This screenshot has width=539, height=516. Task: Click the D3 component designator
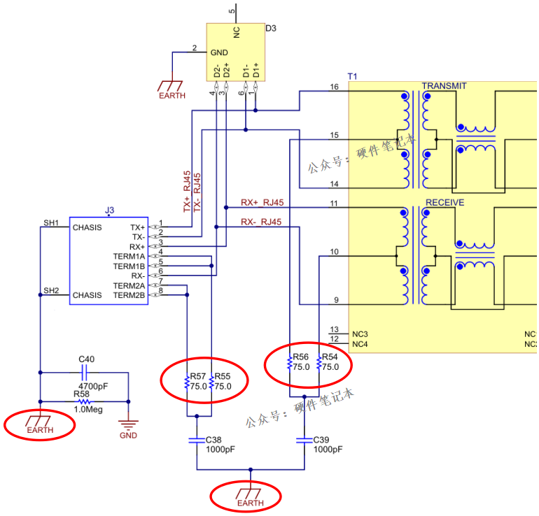pos(271,28)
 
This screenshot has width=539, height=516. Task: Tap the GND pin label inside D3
pos(219,52)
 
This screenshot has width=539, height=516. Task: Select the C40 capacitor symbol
pos(85,373)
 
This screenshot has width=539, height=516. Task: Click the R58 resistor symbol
pos(83,401)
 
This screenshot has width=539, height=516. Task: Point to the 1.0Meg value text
pos(88,409)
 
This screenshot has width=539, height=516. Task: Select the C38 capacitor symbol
pos(197,440)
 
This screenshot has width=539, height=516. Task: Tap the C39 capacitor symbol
pos(304,440)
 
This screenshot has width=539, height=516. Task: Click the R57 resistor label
pos(198,376)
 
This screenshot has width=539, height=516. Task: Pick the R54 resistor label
pos(330,357)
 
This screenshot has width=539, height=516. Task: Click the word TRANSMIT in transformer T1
pos(444,86)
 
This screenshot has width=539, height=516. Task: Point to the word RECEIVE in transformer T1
pos(444,203)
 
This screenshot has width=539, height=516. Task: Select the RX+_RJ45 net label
pos(262,203)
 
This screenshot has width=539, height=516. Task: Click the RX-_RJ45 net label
pos(261,222)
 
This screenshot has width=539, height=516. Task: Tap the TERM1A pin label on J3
pos(129,257)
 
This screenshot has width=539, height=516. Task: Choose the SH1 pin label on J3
pos(51,223)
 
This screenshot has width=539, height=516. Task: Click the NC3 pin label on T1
pos(360,334)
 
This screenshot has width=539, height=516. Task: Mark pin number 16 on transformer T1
pos(334,87)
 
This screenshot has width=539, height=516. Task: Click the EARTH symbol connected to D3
pos(172,90)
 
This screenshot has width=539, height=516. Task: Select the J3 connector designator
pos(109,210)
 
